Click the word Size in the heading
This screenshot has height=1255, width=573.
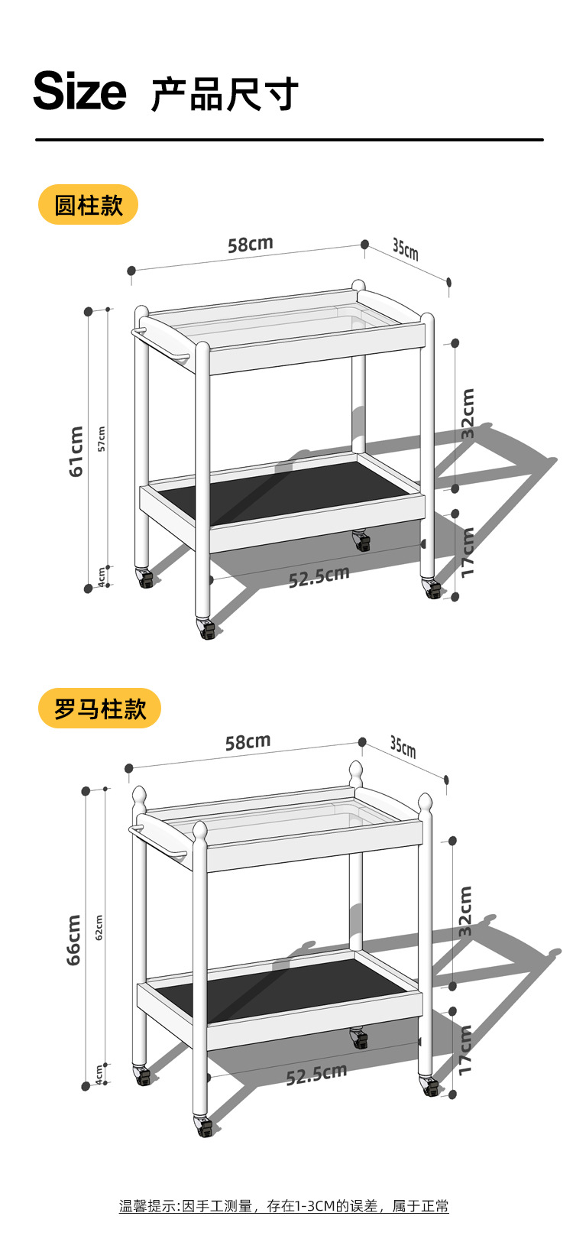79,92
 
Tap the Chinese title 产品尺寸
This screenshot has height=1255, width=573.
224,95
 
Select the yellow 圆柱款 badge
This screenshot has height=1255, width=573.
88,205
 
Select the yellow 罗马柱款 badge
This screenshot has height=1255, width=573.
99,709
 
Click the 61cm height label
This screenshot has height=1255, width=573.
76,452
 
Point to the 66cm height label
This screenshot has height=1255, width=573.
73,939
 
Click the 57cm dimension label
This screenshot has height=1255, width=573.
102,439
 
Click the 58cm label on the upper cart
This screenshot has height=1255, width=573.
250,245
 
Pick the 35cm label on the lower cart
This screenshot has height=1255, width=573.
403,746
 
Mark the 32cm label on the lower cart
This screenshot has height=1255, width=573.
465,910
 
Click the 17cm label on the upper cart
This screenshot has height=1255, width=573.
468,552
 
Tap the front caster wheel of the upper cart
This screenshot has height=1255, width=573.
207,629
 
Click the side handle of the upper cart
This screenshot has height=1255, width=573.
160,344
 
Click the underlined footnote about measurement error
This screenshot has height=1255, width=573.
283,1206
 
